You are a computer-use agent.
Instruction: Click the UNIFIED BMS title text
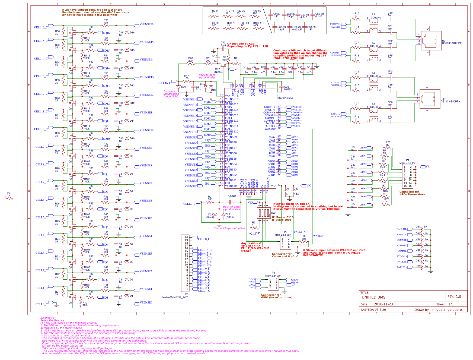[373, 297]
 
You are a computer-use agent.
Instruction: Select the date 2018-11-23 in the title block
[383, 304]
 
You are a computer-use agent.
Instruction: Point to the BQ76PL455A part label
[285, 98]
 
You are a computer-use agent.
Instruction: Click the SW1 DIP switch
[264, 213]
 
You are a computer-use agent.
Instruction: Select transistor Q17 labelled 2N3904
[223, 65]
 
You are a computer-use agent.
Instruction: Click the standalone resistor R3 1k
[9, 198]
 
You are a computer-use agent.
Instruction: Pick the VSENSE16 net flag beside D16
[146, 24]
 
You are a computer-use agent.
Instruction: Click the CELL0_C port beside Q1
[41, 304]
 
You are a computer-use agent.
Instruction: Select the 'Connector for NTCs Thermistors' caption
[412, 193]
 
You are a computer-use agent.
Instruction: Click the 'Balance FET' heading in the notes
[48, 318]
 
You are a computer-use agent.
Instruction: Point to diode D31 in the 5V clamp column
[422, 229]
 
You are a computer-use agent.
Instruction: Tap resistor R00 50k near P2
[304, 241]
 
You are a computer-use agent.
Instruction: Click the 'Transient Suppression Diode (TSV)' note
[171, 94]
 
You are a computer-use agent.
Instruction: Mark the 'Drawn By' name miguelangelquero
[447, 310]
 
